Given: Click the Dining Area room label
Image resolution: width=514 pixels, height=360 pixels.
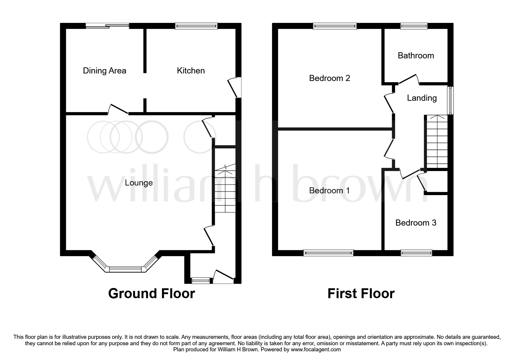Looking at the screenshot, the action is pyautogui.click(x=104, y=71).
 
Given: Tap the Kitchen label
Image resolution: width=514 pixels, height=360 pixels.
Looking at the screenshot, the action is pyautogui.click(x=191, y=71).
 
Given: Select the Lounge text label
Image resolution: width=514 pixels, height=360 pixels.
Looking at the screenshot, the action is pyautogui.click(x=139, y=183).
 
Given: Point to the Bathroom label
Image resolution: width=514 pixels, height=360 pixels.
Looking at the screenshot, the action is pyautogui.click(x=416, y=55).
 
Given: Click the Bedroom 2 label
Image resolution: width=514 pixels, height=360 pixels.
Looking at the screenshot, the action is pyautogui.click(x=329, y=78).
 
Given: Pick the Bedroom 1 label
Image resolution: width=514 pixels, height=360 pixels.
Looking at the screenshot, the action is pyautogui.click(x=329, y=190).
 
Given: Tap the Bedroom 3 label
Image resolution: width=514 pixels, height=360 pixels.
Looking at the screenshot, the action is pyautogui.click(x=416, y=223).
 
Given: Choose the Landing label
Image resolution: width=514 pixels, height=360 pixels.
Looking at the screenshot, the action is pyautogui.click(x=422, y=98).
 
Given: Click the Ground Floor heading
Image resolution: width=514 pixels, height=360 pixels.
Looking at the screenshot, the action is pyautogui.click(x=152, y=293).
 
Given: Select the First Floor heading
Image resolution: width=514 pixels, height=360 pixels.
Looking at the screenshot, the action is pyautogui.click(x=361, y=293).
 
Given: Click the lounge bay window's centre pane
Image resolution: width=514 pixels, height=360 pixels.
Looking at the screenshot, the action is pyautogui.click(x=125, y=270).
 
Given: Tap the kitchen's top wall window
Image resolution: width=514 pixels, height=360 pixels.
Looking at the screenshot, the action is pyautogui.click(x=196, y=26).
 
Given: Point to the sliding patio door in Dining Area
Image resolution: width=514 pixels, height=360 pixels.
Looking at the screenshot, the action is pyautogui.click(x=107, y=26).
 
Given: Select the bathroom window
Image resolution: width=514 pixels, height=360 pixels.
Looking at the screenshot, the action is pyautogui.click(x=414, y=26).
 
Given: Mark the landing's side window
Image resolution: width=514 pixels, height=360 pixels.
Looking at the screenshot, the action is pyautogui.click(x=451, y=100).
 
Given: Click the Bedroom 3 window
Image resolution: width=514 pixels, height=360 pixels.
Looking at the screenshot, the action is pyautogui.click(x=416, y=253).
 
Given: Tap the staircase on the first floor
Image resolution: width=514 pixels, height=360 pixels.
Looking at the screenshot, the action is pyautogui.click(x=436, y=141).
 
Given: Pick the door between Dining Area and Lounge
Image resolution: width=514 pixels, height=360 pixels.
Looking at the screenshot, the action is pyautogui.click(x=118, y=109).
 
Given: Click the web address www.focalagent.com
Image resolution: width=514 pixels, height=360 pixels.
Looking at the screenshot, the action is pyautogui.click(x=316, y=350).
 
